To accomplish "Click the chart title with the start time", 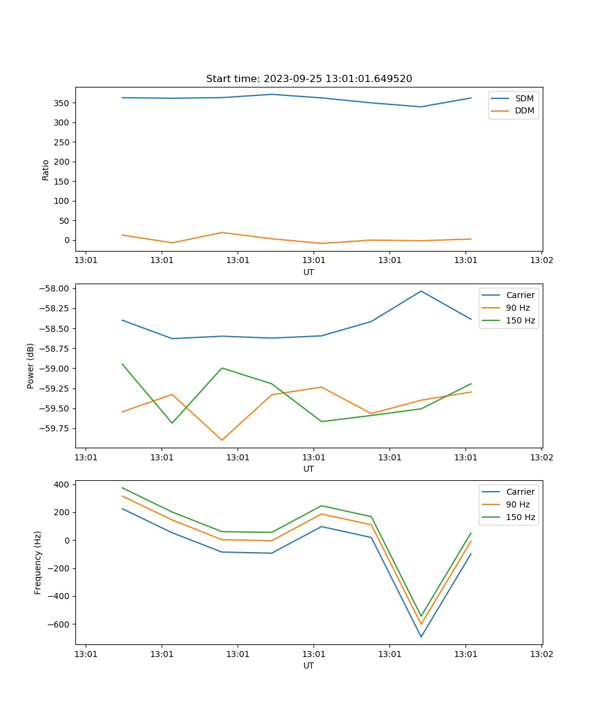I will pos(309,79).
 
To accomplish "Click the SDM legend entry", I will pos(524,98).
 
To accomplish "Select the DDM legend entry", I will pos(524,111).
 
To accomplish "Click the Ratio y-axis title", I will pos(46,170).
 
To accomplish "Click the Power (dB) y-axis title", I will pos(31,366).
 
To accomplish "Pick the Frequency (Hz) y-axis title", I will pos(38,562).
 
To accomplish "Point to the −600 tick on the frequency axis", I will pos(59,624).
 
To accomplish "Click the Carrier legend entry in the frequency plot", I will pos(520,492).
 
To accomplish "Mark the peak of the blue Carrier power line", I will pos(421,291).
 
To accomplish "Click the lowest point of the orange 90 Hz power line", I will pos(222,440).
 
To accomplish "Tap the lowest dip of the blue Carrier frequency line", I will pos(421,637).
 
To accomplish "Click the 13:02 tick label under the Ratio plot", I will pos(541,261).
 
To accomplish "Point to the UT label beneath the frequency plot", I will pos(309,665).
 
